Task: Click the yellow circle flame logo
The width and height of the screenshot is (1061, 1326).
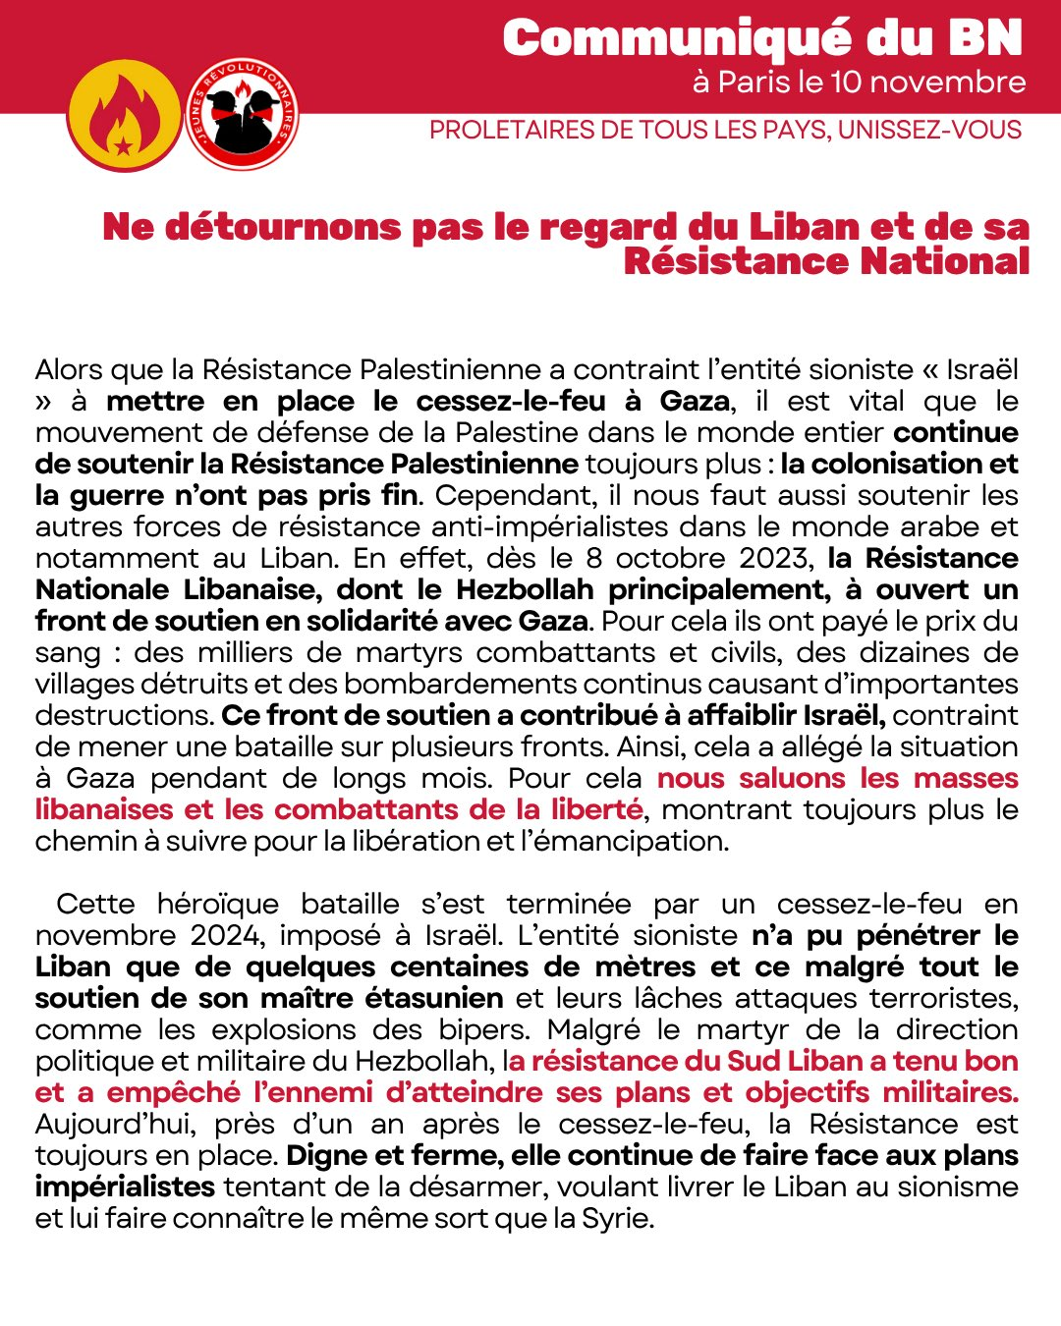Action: pos(124,116)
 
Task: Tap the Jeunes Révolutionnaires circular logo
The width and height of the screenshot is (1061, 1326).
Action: pos(243,114)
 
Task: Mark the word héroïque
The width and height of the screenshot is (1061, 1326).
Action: pos(217,904)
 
